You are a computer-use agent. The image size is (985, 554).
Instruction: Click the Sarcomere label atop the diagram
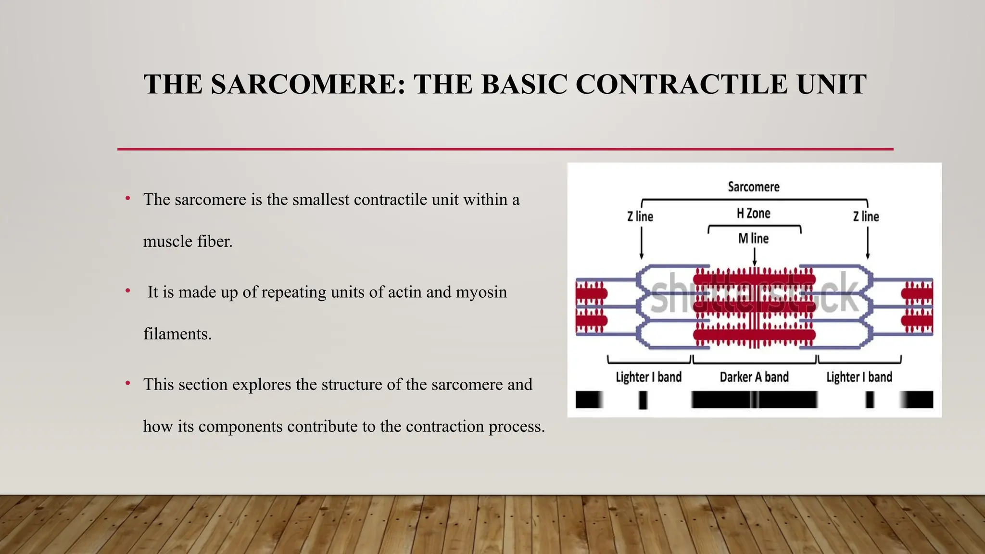click(753, 187)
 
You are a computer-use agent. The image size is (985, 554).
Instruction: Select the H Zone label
click(753, 213)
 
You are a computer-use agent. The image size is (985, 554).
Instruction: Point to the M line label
click(753, 239)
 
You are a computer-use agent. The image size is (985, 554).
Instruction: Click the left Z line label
click(640, 216)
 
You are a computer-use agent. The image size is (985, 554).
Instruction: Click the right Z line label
click(866, 216)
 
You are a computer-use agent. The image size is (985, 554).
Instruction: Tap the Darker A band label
click(754, 377)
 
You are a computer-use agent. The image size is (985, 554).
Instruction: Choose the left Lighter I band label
click(648, 377)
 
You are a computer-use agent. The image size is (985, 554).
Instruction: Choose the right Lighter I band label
click(859, 377)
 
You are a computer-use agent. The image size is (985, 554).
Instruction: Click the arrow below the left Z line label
click(641, 243)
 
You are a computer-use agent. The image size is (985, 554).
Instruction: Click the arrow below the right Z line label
click(868, 243)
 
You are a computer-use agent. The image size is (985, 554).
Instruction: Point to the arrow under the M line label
click(754, 257)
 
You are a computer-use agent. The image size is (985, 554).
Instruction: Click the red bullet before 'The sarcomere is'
click(128, 198)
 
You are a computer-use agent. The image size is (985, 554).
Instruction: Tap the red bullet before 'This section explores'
click(128, 383)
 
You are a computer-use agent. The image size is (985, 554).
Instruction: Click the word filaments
click(177, 334)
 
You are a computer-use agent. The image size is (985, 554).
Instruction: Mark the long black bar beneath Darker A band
click(754, 400)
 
